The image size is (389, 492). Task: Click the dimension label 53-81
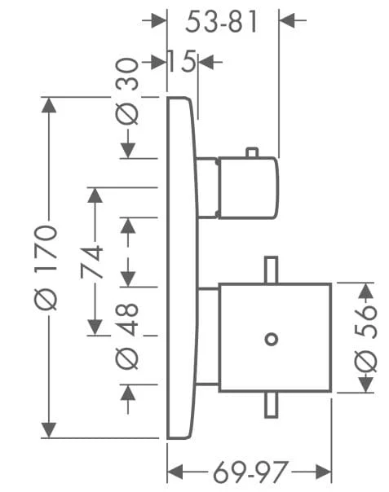click(221, 21)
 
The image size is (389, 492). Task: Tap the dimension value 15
click(182, 61)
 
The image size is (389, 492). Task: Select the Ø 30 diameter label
click(126, 91)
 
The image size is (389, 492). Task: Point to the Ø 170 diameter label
click(46, 267)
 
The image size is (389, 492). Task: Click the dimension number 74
click(91, 262)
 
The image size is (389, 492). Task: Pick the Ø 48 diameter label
click(126, 336)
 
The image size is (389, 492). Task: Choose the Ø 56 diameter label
click(365, 339)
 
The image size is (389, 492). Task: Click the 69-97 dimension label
click(250, 472)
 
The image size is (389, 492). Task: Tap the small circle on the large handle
click(272, 340)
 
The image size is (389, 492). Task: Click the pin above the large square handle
click(272, 270)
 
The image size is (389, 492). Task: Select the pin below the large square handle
click(272, 405)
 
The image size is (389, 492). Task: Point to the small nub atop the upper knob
click(252, 152)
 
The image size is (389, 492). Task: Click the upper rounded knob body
click(248, 187)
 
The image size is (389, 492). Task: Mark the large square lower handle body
click(276, 337)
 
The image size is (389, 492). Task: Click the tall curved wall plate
click(182, 268)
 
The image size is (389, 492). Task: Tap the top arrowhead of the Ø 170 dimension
click(49, 105)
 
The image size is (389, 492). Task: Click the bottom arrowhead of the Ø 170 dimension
click(49, 430)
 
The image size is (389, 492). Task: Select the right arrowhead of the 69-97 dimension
click(324, 472)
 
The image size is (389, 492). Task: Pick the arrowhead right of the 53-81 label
click(287, 20)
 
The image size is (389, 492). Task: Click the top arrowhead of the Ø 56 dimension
click(365, 291)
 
